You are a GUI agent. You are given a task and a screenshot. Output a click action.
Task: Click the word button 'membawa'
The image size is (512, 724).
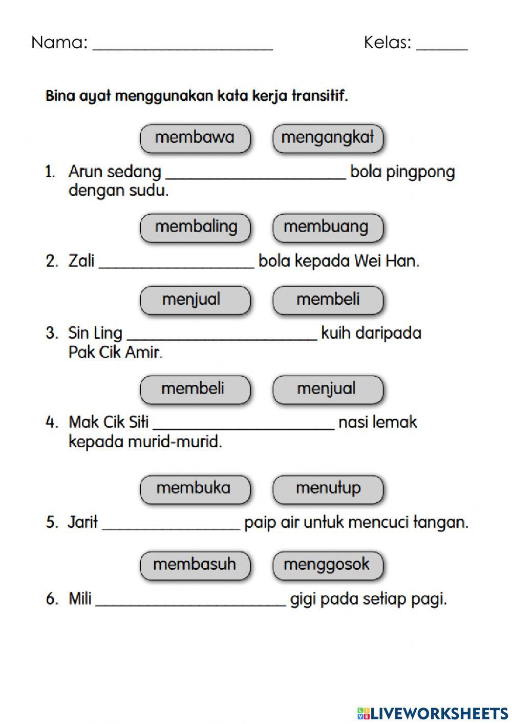(195, 138)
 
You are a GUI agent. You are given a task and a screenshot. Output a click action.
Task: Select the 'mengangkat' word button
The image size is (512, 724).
(328, 138)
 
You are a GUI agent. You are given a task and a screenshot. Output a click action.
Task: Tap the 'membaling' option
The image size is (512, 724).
(195, 227)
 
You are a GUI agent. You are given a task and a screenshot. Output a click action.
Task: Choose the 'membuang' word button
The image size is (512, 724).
(328, 227)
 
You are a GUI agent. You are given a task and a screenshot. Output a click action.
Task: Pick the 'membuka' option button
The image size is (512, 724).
(195, 488)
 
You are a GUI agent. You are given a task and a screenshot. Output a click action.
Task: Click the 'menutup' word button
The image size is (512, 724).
(328, 488)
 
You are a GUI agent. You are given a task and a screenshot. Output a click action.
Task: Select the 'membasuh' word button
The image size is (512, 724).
(195, 565)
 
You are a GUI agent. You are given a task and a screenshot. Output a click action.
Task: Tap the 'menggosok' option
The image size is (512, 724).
(328, 565)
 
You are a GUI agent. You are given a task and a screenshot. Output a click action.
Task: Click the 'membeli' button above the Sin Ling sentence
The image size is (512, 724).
(328, 299)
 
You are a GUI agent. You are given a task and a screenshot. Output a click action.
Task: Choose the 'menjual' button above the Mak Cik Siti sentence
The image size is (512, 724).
(328, 388)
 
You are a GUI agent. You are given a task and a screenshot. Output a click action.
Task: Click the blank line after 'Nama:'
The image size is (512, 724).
(182, 45)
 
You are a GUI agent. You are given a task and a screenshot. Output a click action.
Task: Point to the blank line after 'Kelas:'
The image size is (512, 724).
(441, 45)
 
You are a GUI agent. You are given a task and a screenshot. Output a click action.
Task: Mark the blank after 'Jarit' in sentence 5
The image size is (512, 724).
(171, 525)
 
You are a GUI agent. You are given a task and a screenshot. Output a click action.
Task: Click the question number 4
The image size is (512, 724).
(52, 423)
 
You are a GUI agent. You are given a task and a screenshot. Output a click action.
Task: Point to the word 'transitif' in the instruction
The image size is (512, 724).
(320, 96)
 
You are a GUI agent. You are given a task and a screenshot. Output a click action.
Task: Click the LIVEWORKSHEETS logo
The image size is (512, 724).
(433, 713)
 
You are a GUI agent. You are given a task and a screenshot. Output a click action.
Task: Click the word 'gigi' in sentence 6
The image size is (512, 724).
(303, 599)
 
